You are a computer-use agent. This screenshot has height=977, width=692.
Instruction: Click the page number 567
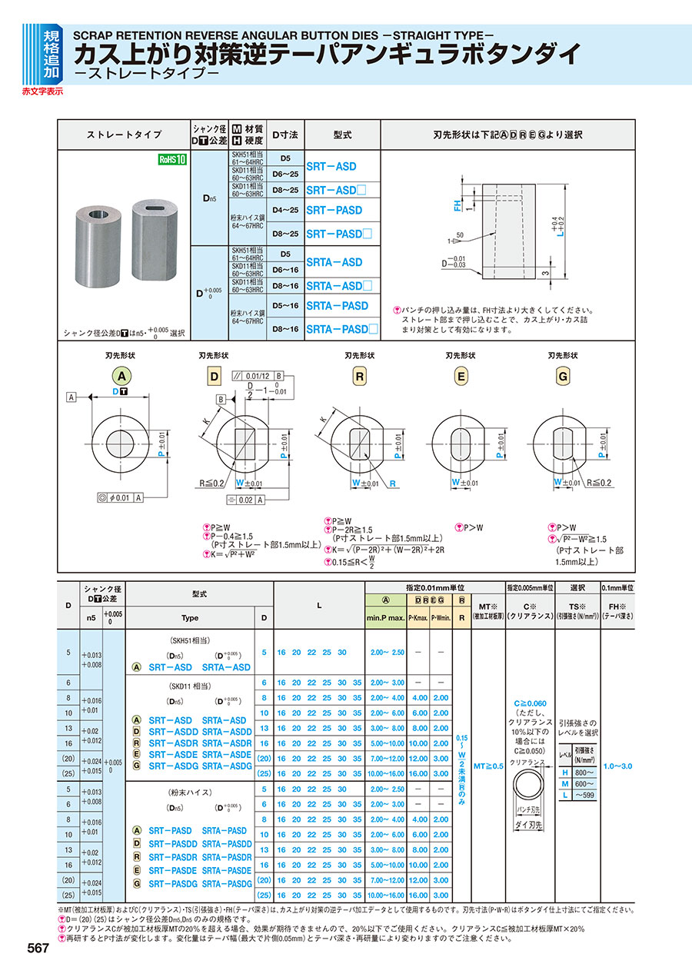point(36,949)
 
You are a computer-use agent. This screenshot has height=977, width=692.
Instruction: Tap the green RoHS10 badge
point(172,159)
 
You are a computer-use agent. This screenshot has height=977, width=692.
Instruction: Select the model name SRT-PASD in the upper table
point(334,210)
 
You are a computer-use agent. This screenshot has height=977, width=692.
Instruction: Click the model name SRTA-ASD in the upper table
point(334,262)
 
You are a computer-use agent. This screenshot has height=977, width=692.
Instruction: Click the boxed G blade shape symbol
point(563,376)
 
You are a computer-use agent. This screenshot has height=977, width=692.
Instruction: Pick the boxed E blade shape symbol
point(461,376)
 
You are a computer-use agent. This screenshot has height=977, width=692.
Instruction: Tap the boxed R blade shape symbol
point(360,376)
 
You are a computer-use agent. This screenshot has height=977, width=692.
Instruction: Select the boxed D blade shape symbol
point(214,376)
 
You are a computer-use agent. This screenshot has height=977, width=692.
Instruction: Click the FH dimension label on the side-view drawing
point(456,204)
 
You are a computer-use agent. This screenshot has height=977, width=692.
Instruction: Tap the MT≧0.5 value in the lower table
point(487,766)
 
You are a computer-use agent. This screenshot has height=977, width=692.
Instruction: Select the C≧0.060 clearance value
point(530,703)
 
